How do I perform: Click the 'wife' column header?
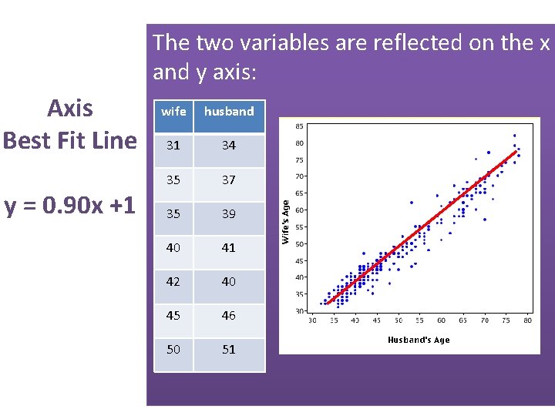coord(173,112)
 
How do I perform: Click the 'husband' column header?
coord(229,112)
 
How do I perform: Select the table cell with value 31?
coord(173,146)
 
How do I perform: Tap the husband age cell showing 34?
coord(229,146)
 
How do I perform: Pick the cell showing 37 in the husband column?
coord(229,179)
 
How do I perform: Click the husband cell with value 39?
coord(229,213)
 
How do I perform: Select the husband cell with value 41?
coord(229,247)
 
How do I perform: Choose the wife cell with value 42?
coord(173,281)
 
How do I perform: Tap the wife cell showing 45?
coord(173,315)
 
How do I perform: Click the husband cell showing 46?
coord(229,315)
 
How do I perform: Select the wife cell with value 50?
coord(173,349)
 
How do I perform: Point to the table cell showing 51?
coord(229,349)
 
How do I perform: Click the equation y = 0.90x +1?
coord(69,206)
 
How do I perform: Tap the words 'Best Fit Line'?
coord(69,141)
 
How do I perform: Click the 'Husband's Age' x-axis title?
coord(419,340)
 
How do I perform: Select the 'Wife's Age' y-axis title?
coord(285,222)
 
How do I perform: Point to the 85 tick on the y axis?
coord(299,126)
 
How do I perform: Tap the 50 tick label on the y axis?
coord(299,244)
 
